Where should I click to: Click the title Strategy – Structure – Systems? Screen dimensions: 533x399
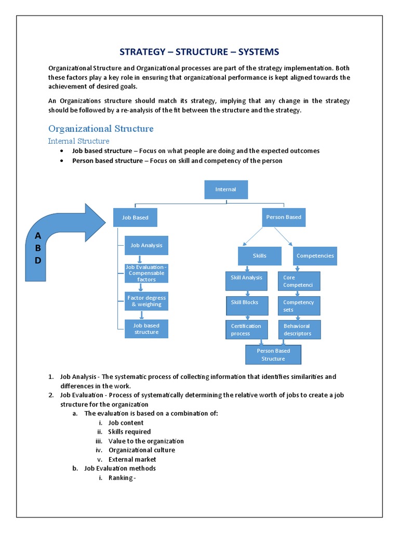pyautogui.click(x=199, y=52)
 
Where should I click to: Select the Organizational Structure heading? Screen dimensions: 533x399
pyautogui.click(x=101, y=129)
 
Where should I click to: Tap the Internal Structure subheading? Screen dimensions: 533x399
pyautogui.click(x=78, y=141)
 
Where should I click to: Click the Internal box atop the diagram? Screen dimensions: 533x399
pyautogui.click(x=225, y=189)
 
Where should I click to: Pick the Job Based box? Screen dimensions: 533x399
pyautogui.click(x=135, y=218)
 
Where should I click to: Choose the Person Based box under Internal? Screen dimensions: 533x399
pyautogui.click(x=283, y=217)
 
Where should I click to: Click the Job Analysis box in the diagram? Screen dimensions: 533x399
pyautogui.click(x=146, y=245)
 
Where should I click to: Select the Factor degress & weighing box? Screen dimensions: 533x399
pyautogui.click(x=146, y=301)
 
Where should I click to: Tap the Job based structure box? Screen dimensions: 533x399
pyautogui.click(x=146, y=329)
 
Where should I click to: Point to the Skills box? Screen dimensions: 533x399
pyautogui.click(x=259, y=256)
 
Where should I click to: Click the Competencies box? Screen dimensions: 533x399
pyautogui.click(x=315, y=256)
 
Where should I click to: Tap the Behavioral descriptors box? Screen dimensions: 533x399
pyautogui.click(x=299, y=330)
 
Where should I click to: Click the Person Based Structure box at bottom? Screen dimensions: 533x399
pyautogui.click(x=273, y=354)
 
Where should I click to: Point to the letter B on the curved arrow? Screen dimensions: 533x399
pyautogui.click(x=37, y=248)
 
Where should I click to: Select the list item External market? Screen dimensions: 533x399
pyautogui.click(x=132, y=460)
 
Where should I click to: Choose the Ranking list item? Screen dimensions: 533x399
pyautogui.click(x=122, y=478)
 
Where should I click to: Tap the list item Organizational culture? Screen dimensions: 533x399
pyautogui.click(x=141, y=450)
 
